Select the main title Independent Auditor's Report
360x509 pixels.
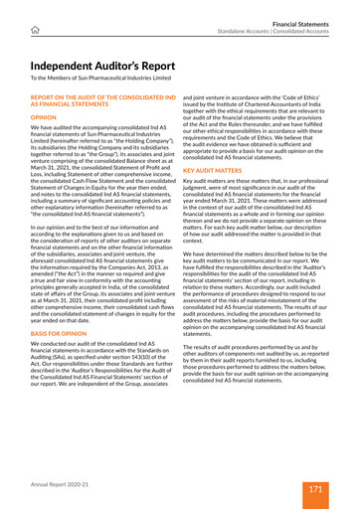(109, 67)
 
